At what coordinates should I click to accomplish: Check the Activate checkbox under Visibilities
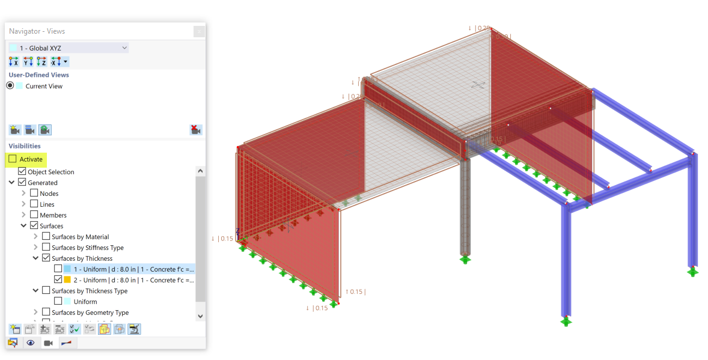tap(13, 159)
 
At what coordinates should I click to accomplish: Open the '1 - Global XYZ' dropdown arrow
tap(124, 47)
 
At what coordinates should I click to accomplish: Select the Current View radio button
tap(10, 86)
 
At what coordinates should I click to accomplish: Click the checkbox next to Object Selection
tap(22, 172)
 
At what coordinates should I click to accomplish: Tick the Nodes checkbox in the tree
tap(34, 194)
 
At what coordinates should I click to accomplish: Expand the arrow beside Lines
tap(24, 204)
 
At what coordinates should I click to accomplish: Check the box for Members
tap(34, 215)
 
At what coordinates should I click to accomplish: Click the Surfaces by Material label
tap(80, 237)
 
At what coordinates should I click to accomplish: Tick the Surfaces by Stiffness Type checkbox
tap(46, 248)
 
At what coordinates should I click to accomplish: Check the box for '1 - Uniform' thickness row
tap(58, 269)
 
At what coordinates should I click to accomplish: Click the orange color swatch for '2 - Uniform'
tap(67, 280)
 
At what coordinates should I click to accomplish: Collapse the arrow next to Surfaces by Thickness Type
tap(36, 291)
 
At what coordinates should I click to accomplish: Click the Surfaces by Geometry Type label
tap(90, 313)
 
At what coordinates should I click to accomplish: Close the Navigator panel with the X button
tap(198, 31)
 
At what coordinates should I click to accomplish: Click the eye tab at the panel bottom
tap(30, 343)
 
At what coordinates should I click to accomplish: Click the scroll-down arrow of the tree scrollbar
tap(200, 316)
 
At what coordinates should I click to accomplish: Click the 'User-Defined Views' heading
tap(38, 75)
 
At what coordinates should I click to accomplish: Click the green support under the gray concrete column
tap(465, 259)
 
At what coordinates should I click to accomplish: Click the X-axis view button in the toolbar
tap(14, 61)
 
